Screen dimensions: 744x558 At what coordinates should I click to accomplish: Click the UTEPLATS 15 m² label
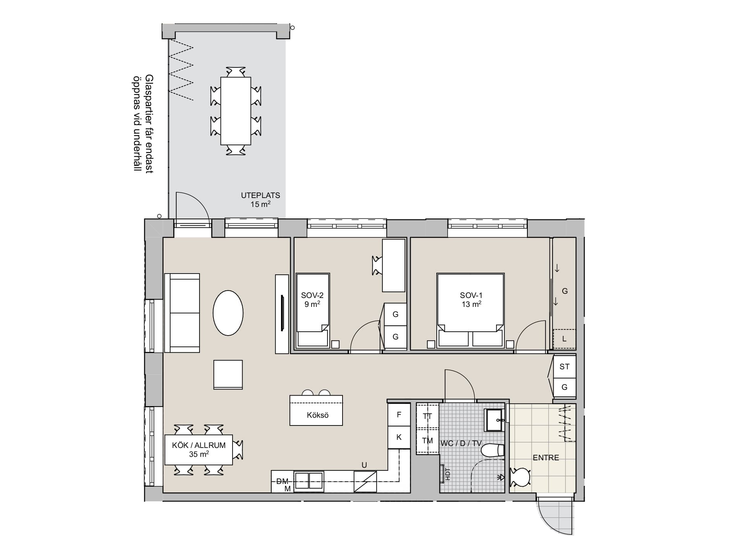tap(260, 200)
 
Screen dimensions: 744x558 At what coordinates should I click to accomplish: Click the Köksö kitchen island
tap(316, 410)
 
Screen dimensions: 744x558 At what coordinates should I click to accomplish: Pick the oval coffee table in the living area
tap(228, 313)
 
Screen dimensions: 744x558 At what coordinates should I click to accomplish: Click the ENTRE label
tap(546, 458)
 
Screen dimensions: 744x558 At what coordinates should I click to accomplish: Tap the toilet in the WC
tap(493, 450)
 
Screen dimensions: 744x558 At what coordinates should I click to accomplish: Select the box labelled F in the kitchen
tap(399, 415)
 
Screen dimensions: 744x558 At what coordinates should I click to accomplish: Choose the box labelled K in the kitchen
tap(399, 437)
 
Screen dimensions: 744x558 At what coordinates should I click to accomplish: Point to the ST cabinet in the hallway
tap(565, 366)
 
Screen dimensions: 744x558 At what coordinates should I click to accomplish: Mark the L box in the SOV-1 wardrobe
tap(564, 339)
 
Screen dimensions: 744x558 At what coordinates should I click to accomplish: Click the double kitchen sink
tap(309, 482)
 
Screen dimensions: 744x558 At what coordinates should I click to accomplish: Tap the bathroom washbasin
tap(495, 420)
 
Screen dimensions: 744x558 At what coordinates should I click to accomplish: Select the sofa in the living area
tap(182, 313)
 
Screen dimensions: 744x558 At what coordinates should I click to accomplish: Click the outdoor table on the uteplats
tap(236, 111)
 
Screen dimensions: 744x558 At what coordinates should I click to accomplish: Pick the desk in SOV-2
tap(394, 265)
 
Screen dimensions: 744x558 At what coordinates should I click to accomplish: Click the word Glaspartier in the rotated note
tap(149, 102)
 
